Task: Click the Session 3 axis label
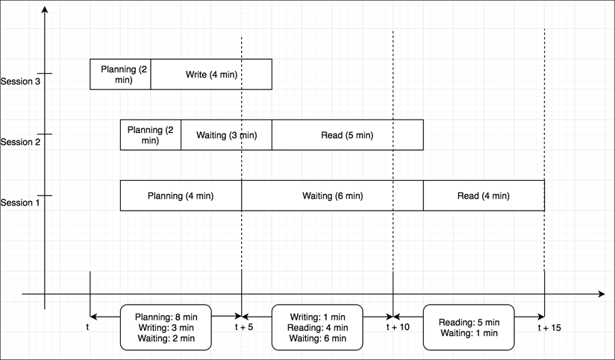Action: (x=19, y=81)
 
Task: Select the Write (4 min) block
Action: (x=211, y=74)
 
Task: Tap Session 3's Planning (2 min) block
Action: (x=120, y=74)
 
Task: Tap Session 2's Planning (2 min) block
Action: (x=150, y=135)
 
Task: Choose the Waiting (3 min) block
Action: (x=226, y=135)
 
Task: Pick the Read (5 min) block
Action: (x=347, y=135)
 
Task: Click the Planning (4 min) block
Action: (x=181, y=196)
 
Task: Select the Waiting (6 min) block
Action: (x=332, y=196)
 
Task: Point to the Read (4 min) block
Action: (x=484, y=196)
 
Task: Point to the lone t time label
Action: (x=88, y=326)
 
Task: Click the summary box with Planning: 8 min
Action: (x=166, y=327)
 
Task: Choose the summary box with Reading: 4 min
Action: (x=317, y=327)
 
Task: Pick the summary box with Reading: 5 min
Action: (x=469, y=327)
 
